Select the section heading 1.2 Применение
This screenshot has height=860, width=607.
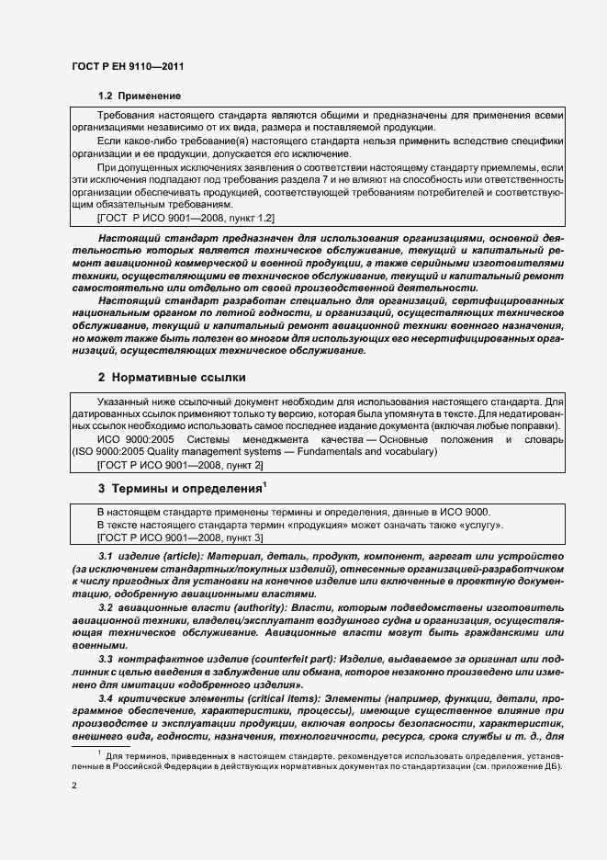[x=140, y=96]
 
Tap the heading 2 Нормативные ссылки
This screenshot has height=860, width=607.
[x=171, y=377]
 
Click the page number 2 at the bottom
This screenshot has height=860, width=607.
[x=73, y=786]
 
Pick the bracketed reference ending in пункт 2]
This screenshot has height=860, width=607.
[x=180, y=466]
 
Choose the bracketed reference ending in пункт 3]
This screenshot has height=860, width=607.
[x=180, y=537]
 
